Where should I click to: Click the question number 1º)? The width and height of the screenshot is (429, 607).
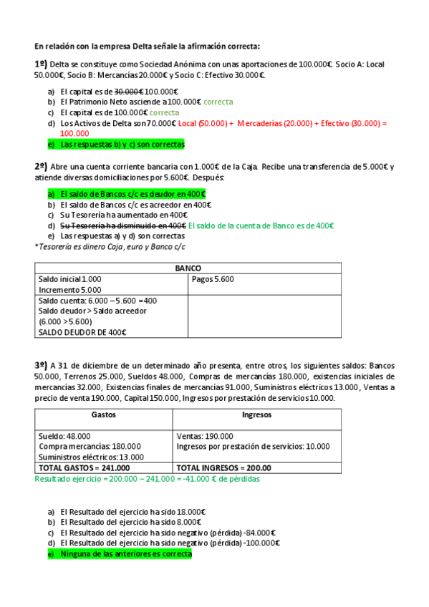[41, 64]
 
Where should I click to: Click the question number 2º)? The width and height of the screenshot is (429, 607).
[41, 166]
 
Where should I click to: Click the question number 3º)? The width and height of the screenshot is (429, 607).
[41, 364]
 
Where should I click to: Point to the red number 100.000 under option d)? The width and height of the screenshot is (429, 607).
[74, 133]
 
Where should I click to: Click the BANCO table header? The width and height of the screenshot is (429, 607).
[188, 268]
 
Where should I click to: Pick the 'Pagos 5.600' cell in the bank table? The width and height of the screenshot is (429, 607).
[213, 279]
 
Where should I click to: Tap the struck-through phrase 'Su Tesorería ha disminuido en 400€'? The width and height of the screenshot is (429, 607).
[123, 225]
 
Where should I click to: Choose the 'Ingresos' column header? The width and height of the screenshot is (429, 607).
[256, 414]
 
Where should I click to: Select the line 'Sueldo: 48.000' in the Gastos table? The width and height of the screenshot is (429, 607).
[64, 435]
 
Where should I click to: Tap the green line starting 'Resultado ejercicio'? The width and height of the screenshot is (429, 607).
[147, 478]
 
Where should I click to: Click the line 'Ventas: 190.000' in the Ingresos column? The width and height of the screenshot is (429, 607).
[205, 435]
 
